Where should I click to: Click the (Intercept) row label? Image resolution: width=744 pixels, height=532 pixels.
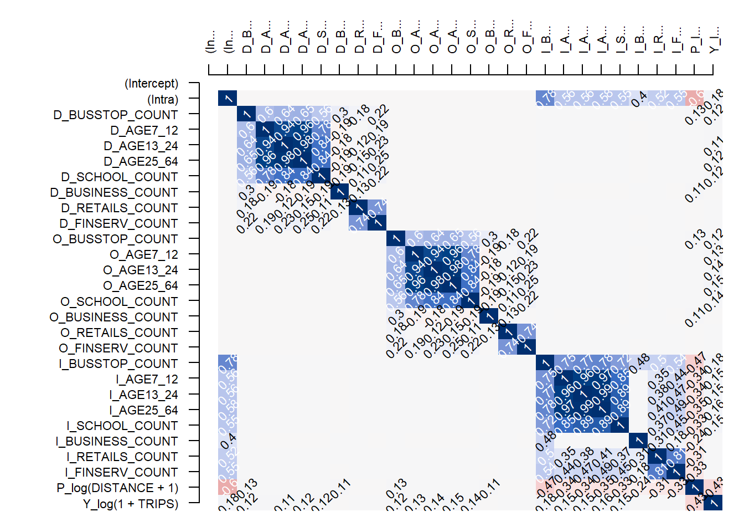pyautogui.click(x=151, y=84)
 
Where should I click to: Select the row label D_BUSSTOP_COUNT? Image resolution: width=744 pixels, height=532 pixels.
pyautogui.click(x=116, y=115)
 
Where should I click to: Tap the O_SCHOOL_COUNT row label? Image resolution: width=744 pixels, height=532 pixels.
pyautogui.click(x=119, y=301)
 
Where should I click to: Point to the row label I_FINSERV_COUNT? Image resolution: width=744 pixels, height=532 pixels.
pyautogui.click(x=121, y=472)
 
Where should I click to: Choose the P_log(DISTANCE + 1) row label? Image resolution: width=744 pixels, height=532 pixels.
pyautogui.click(x=117, y=488)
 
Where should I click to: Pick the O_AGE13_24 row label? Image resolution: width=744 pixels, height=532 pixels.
pyautogui.click(x=141, y=270)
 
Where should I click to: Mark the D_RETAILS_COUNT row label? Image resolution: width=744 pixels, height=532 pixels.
pyautogui.click(x=119, y=208)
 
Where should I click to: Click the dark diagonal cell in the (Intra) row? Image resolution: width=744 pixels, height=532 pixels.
pyautogui.click(x=228, y=98)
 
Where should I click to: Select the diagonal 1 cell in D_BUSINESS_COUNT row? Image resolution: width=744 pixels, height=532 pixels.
pyautogui.click(x=339, y=192)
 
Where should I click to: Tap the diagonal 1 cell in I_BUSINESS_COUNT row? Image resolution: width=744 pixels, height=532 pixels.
pyautogui.click(x=638, y=441)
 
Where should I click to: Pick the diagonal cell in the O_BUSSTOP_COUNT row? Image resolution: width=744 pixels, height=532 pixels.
pyautogui.click(x=396, y=239)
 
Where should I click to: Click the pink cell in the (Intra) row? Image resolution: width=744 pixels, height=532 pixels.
pyautogui.click(x=694, y=98)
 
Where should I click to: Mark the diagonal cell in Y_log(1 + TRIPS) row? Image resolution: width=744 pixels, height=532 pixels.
pyautogui.click(x=713, y=503)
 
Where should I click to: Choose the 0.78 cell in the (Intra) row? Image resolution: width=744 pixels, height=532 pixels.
pyautogui.click(x=545, y=98)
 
